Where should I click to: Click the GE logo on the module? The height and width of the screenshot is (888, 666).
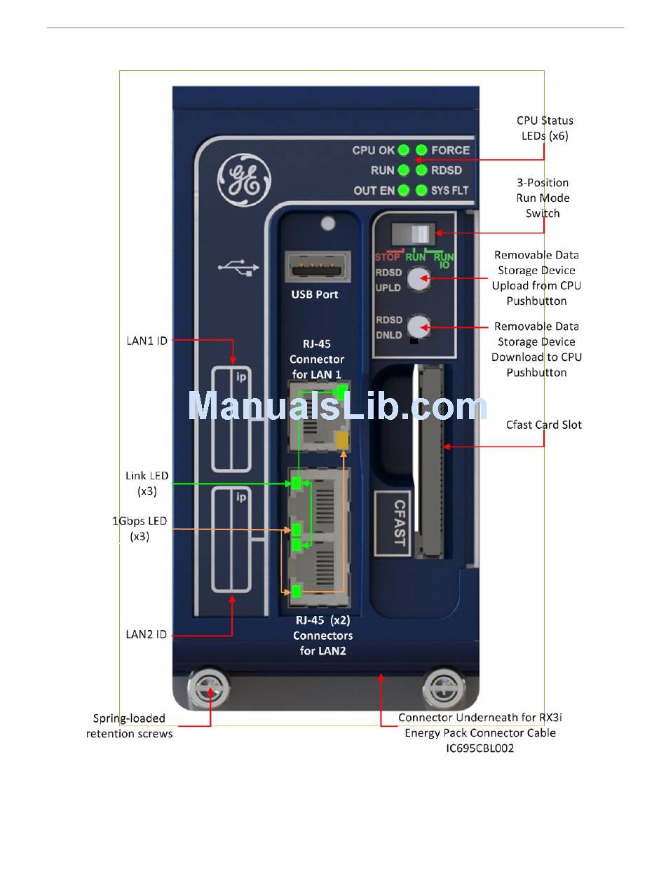[244, 179]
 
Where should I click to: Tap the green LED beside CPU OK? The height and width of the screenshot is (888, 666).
[403, 150]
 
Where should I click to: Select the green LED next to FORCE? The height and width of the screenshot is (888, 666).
[421, 150]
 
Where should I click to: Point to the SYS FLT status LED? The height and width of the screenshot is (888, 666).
[421, 190]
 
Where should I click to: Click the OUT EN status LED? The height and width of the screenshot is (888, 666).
[403, 190]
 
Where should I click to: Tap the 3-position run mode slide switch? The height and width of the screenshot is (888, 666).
[413, 234]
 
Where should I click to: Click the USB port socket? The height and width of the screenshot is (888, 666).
[318, 266]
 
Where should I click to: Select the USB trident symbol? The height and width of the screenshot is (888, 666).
[238, 268]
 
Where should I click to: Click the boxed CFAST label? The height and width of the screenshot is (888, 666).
[393, 523]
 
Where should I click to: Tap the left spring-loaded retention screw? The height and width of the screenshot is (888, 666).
[209, 688]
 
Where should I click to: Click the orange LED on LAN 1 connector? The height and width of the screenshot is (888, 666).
[342, 440]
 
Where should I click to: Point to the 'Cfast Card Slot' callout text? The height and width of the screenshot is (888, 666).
[544, 425]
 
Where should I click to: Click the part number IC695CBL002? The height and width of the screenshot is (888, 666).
[480, 748]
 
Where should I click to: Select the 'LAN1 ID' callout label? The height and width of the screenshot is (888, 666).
[147, 341]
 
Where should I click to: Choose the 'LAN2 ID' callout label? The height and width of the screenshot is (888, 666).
[146, 634]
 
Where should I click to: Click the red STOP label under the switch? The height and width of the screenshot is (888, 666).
[387, 257]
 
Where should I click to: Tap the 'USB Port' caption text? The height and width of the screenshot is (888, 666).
[314, 294]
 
